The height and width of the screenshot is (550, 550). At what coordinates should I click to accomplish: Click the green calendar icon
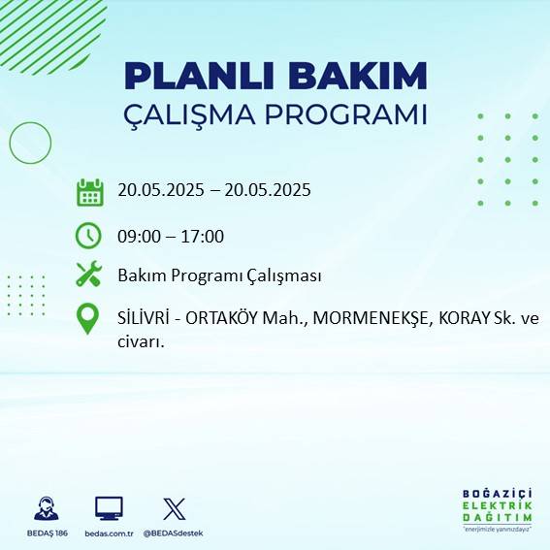point(89,192)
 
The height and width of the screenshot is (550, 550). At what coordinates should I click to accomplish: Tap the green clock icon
point(89,235)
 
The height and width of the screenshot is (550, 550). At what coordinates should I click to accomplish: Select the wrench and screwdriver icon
point(89,275)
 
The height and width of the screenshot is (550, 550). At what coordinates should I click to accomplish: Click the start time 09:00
point(139,236)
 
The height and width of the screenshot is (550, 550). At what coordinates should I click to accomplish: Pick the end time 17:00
point(203,236)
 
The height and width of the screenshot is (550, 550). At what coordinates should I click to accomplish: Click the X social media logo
point(175,508)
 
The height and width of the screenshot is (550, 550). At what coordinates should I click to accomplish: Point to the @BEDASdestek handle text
point(175,533)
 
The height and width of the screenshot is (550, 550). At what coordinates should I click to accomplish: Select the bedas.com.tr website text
point(108,533)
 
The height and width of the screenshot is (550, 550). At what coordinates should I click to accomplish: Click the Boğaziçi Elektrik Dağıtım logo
point(497,509)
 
